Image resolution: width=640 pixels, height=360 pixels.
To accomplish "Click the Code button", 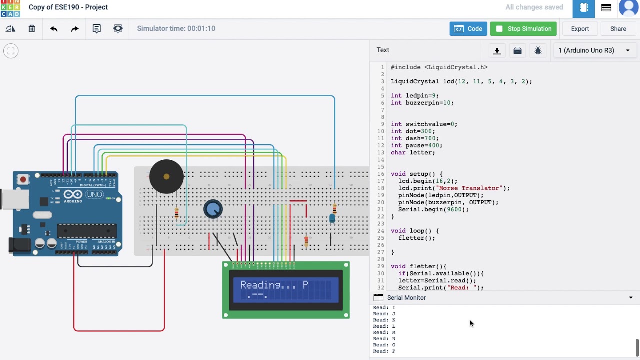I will click(x=468, y=29).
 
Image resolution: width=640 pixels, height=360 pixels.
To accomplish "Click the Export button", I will click(x=580, y=29).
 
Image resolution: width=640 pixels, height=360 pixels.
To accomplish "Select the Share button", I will click(x=618, y=29).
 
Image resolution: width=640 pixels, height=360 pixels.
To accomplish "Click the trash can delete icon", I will click(x=32, y=29).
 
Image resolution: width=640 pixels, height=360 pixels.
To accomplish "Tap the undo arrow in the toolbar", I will click(x=54, y=29).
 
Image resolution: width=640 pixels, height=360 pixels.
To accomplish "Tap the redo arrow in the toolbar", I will click(x=75, y=29).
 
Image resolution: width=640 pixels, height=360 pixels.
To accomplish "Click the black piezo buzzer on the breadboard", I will click(x=166, y=177).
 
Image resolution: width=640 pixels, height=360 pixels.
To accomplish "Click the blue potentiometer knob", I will click(x=213, y=209).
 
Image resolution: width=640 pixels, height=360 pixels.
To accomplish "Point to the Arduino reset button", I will click(x=23, y=180).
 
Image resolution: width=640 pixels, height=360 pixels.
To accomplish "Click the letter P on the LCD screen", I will click(x=305, y=285).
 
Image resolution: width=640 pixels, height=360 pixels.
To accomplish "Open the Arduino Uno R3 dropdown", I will click(x=594, y=50).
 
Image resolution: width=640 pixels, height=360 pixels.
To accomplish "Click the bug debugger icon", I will click(x=538, y=50).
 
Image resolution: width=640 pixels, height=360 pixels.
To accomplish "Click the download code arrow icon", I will click(x=497, y=50).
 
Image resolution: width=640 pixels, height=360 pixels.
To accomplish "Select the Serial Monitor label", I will click(x=406, y=298).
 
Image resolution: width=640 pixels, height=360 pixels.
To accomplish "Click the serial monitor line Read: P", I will click(x=384, y=351).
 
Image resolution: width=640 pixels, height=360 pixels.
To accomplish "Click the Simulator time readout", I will click(x=176, y=29).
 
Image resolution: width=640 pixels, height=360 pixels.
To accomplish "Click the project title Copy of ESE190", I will click(x=68, y=7).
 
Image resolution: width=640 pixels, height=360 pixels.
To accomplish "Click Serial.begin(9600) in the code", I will click(x=433, y=210).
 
